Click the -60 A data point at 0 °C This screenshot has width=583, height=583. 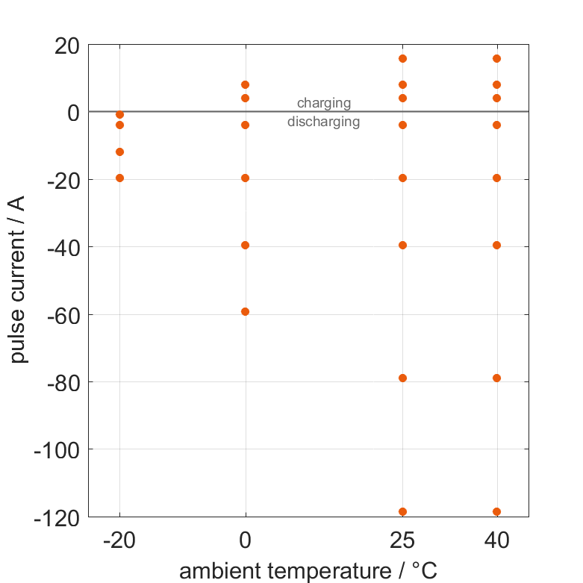pyautogui.click(x=246, y=311)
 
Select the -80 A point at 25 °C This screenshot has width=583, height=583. pyautogui.click(x=403, y=378)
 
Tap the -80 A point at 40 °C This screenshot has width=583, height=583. pyautogui.click(x=497, y=378)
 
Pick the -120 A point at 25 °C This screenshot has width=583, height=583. pyautogui.click(x=403, y=511)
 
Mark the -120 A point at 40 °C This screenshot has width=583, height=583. pyautogui.click(x=497, y=511)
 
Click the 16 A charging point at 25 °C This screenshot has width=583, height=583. pyautogui.click(x=403, y=58)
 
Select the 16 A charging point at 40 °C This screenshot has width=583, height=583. pyautogui.click(x=497, y=58)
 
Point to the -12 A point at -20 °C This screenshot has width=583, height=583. pyautogui.click(x=119, y=152)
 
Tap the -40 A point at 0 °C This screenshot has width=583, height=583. pyautogui.click(x=246, y=245)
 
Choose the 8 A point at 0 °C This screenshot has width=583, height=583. pyautogui.click(x=246, y=84)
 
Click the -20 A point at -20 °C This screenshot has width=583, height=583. pyautogui.click(x=119, y=178)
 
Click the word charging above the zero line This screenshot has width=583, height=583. pyautogui.click(x=324, y=103)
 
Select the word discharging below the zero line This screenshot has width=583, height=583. pyautogui.click(x=324, y=122)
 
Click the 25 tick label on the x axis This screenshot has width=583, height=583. pyautogui.click(x=403, y=540)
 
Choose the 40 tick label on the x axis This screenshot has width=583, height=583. pyautogui.click(x=497, y=540)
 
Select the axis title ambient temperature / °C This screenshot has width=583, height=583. pyautogui.click(x=308, y=572)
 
